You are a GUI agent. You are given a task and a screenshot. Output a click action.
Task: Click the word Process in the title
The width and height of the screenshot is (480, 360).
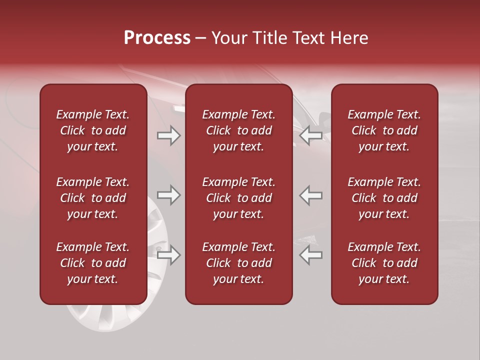click(157, 38)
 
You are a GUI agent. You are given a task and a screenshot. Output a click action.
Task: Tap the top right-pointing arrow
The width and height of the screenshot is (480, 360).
click(168, 135)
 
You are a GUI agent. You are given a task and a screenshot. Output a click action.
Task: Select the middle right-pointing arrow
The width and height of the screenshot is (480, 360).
click(168, 195)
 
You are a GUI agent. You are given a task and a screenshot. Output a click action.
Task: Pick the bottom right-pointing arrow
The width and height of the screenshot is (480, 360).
click(168, 255)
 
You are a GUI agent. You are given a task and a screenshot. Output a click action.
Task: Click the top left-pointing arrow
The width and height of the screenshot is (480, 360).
click(311, 135)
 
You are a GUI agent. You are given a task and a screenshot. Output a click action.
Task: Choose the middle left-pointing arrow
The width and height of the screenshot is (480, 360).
click(311, 195)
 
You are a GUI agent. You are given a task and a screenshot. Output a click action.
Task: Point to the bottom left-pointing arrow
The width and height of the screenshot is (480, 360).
click(311, 255)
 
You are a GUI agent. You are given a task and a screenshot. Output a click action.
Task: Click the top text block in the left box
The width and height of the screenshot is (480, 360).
click(93, 130)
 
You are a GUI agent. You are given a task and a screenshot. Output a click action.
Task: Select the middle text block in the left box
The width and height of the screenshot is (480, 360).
click(93, 198)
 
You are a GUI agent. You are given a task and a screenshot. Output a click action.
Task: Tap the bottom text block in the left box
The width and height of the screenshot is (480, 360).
click(93, 263)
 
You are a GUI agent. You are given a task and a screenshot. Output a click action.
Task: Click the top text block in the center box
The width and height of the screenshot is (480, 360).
click(238, 130)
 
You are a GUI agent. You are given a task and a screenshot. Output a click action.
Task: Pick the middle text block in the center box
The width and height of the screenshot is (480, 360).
click(238, 198)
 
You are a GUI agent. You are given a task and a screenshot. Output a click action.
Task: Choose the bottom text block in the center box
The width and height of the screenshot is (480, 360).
click(238, 263)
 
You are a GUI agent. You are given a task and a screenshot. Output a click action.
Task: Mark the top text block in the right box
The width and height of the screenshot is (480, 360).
click(384, 130)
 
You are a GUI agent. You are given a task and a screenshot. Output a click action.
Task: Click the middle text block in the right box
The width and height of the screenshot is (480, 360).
click(384, 198)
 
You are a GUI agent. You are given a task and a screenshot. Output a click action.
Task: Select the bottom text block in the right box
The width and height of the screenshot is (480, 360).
click(384, 263)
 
